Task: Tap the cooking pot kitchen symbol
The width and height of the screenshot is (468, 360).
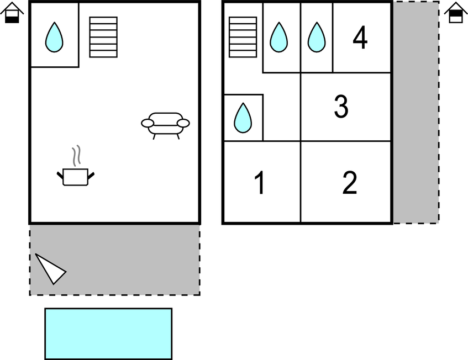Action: (x=76, y=177)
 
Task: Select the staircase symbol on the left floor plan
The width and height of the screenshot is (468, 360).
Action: (x=103, y=37)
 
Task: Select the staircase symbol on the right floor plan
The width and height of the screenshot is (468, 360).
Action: (x=243, y=37)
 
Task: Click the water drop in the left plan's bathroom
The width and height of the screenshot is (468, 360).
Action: (x=54, y=38)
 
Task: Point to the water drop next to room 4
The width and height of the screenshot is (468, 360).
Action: (x=317, y=38)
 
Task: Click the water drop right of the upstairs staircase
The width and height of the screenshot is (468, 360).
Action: (x=279, y=38)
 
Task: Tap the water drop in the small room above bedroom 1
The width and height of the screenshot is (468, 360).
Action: (x=243, y=118)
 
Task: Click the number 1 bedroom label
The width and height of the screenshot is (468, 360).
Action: (x=260, y=183)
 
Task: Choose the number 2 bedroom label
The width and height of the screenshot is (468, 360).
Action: (x=350, y=183)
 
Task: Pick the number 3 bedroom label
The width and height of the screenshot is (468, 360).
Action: (x=341, y=107)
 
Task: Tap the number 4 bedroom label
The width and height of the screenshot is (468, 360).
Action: (x=360, y=38)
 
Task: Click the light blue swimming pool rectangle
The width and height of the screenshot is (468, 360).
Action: (x=108, y=333)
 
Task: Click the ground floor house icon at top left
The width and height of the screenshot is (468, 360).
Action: (x=12, y=13)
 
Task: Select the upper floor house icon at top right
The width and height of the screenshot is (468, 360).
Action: (x=456, y=13)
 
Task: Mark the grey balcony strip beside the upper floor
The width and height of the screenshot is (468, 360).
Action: (x=416, y=113)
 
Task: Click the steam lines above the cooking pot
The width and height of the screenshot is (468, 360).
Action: (x=76, y=155)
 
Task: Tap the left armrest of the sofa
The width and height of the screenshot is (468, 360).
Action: (x=148, y=123)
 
